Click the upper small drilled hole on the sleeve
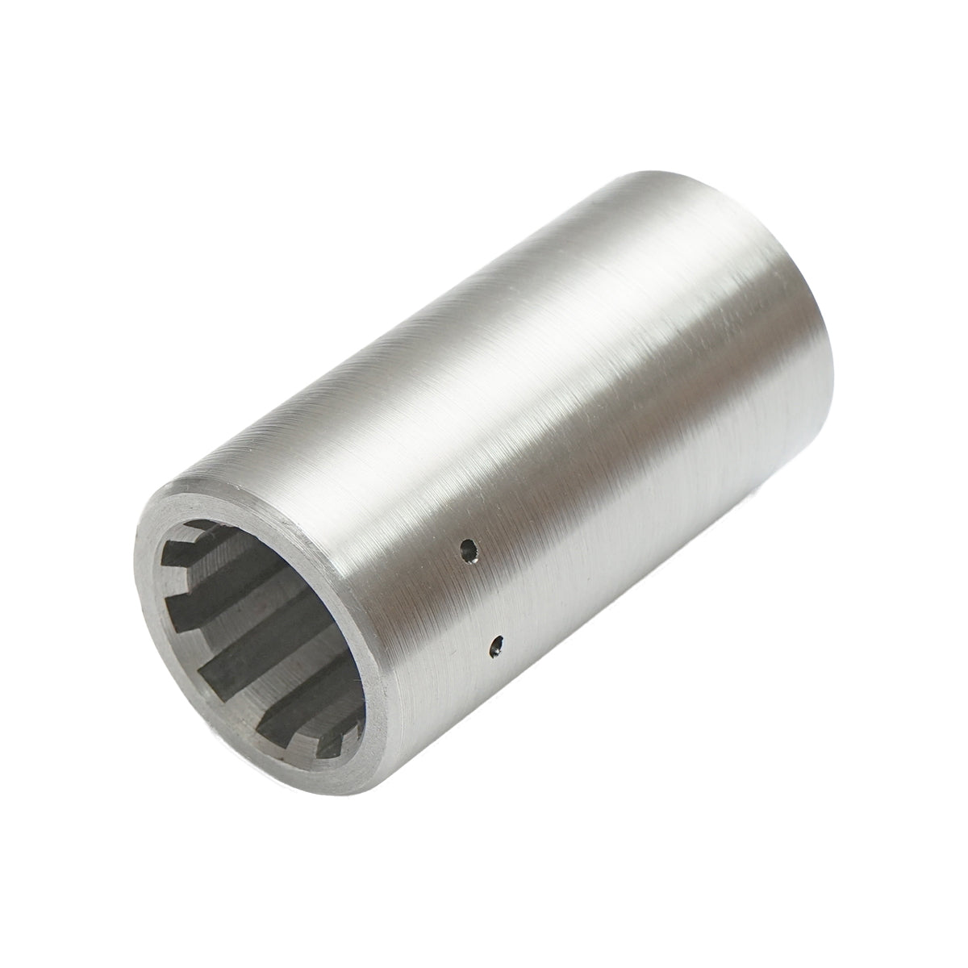point(466,552)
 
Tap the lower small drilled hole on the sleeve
point(498,645)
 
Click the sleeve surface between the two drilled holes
point(482,599)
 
